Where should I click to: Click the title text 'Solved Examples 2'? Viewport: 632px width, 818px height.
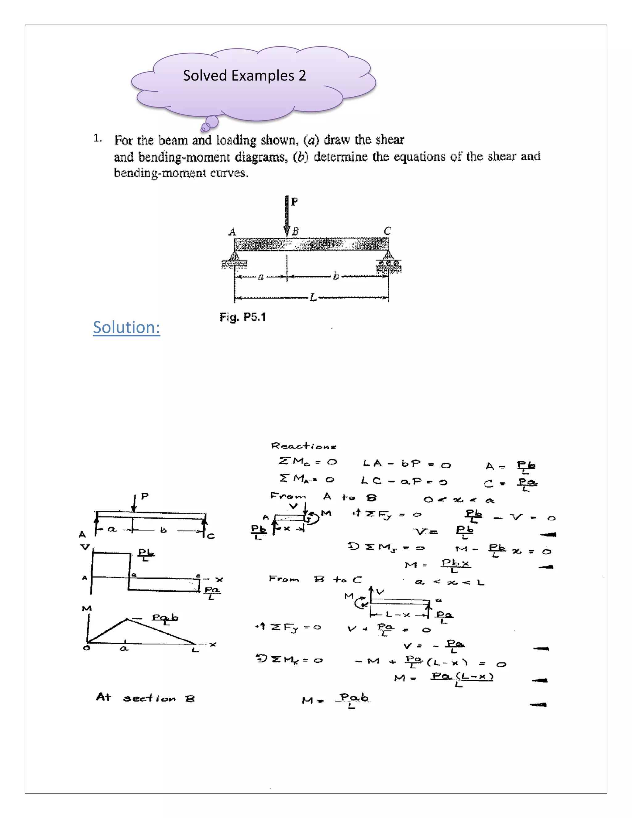point(244,76)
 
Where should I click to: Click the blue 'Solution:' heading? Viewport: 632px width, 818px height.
point(127,327)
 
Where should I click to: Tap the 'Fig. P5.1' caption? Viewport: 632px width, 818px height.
point(243,317)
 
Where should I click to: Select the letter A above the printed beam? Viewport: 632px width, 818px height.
point(232,232)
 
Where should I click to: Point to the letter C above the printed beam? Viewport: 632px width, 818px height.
point(388,231)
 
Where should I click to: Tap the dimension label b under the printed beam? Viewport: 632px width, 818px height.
point(335,277)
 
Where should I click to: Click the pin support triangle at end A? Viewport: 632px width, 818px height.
point(235,257)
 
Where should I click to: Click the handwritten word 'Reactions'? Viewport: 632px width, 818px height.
point(304,446)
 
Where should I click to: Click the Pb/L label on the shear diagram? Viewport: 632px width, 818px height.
point(146,554)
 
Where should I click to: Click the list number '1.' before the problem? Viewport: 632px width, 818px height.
point(97,138)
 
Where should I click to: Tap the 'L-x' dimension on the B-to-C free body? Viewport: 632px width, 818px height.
point(398,615)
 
